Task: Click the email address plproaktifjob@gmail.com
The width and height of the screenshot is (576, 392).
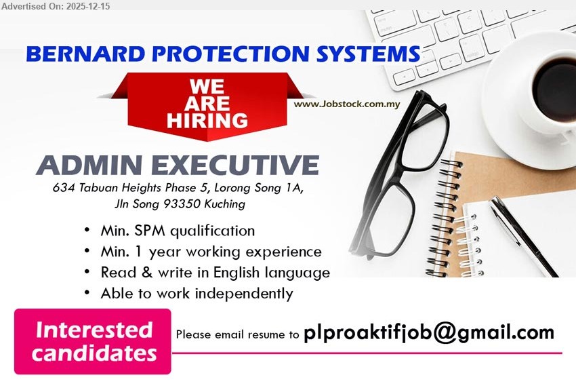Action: tap(429, 333)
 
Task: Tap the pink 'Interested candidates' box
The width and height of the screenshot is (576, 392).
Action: tap(93, 342)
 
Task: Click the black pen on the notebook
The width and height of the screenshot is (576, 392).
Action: tap(522, 235)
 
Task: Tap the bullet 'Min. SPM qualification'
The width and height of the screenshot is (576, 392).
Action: tap(178, 231)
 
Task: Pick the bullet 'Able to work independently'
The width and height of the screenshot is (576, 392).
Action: tap(197, 294)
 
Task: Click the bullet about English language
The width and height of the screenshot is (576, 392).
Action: tap(215, 273)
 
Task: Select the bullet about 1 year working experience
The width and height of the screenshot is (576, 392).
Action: tap(211, 252)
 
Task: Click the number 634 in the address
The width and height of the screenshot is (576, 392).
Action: tap(63, 188)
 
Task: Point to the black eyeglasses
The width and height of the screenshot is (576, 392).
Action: tap(399, 173)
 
